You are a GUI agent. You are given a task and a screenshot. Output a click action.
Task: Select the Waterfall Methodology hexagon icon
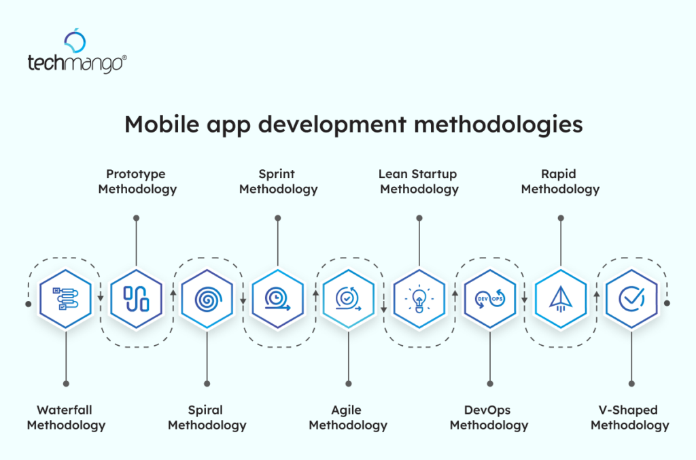(x=65, y=298)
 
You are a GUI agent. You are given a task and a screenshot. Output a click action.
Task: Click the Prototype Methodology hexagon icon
(x=136, y=298)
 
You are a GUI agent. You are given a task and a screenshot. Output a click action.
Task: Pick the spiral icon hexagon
(x=207, y=298)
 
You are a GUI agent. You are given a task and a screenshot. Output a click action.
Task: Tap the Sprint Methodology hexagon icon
(x=277, y=298)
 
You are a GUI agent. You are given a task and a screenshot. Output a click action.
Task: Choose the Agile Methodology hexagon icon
(x=348, y=298)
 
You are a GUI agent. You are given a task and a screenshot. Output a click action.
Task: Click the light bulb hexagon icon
(x=419, y=298)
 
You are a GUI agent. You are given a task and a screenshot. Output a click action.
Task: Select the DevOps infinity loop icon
(x=489, y=298)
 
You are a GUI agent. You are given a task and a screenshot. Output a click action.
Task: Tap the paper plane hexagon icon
(x=560, y=298)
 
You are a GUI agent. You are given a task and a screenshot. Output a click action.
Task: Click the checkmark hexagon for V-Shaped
(x=631, y=298)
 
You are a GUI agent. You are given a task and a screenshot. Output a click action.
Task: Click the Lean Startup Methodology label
(x=419, y=182)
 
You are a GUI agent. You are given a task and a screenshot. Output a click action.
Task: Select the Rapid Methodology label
(x=560, y=182)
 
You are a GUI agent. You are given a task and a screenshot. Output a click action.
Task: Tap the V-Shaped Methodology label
(x=629, y=418)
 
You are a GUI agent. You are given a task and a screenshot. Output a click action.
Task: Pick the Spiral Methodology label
(x=207, y=418)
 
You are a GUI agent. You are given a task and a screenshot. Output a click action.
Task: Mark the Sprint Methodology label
(x=278, y=182)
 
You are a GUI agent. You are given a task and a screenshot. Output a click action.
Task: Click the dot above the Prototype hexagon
(x=137, y=218)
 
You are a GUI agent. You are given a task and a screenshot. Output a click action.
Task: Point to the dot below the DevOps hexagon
(x=489, y=383)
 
